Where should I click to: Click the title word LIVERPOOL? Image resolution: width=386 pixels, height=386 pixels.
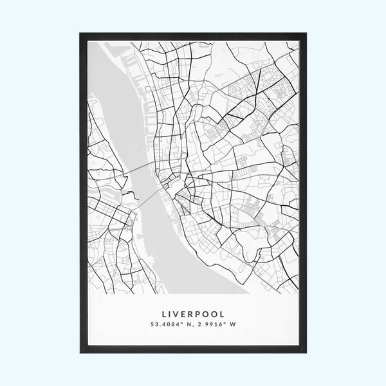click(193, 314)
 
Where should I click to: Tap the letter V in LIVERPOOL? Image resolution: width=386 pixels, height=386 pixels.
click(178, 314)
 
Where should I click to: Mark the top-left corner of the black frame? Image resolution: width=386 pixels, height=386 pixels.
click(81, 34)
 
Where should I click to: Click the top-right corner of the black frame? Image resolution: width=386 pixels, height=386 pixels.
click(306, 34)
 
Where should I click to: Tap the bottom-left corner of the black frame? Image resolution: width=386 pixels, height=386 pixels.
click(81, 352)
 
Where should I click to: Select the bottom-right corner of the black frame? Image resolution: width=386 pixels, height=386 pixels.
click(306, 352)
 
